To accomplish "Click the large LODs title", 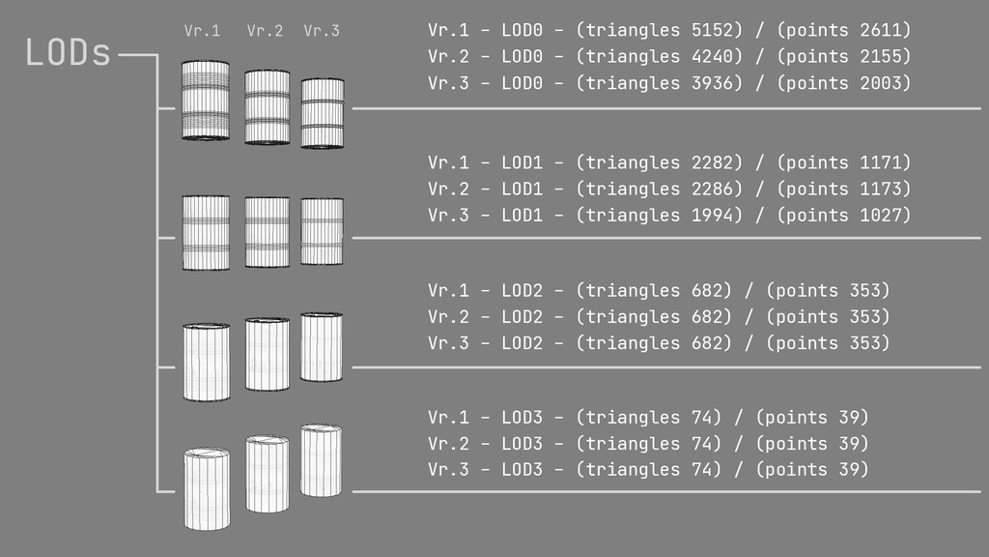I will pyautogui.click(x=69, y=53).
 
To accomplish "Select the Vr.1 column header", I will pyautogui.click(x=202, y=31).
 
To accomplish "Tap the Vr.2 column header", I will pyautogui.click(x=265, y=31).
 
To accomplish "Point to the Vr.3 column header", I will pyautogui.click(x=322, y=31).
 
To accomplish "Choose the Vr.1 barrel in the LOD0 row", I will pyautogui.click(x=206, y=101).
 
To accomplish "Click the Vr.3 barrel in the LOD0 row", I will pyautogui.click(x=323, y=113).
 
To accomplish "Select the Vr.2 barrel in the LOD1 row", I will pyautogui.click(x=267, y=232).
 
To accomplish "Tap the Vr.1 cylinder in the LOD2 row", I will pyautogui.click(x=206, y=362).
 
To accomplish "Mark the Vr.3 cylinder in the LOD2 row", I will pyautogui.click(x=322, y=346).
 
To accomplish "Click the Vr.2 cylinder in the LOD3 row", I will pyautogui.click(x=267, y=474).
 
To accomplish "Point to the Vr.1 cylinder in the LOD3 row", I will pyautogui.click(x=207, y=488).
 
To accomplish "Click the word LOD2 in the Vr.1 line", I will pyautogui.click(x=523, y=291).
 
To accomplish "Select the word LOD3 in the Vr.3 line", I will pyautogui.click(x=523, y=470).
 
